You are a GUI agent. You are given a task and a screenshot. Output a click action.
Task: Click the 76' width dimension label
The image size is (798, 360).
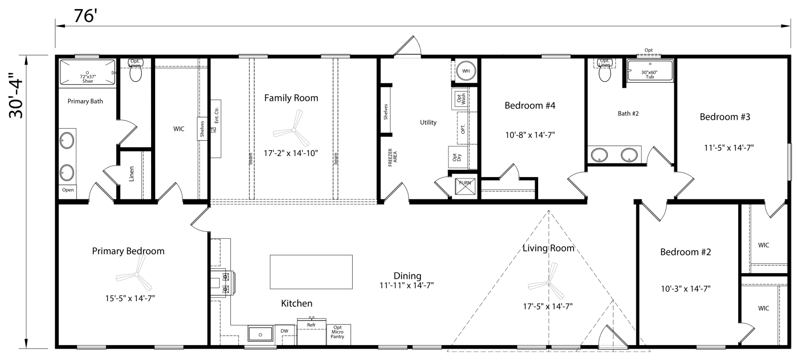pyautogui.click(x=85, y=16)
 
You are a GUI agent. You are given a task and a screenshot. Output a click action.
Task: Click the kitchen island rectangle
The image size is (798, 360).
pyautogui.click(x=311, y=272)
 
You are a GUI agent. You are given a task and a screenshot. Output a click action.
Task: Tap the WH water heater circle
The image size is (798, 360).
pyautogui.click(x=466, y=71)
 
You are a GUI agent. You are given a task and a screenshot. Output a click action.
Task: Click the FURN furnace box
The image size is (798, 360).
pyautogui.click(x=465, y=183)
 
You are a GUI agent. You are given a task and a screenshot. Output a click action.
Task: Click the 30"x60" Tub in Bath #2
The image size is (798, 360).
pyautogui.click(x=649, y=73)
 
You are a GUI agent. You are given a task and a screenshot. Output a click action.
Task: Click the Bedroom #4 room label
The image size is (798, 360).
pyautogui.click(x=530, y=105)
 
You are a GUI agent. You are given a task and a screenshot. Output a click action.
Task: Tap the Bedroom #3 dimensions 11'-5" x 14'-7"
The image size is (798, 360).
pyautogui.click(x=728, y=148)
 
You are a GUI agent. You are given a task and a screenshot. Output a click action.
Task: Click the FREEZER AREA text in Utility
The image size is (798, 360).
pyautogui.click(x=393, y=157)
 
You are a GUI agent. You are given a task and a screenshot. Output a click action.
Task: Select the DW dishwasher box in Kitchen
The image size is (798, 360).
pyautogui.click(x=284, y=331)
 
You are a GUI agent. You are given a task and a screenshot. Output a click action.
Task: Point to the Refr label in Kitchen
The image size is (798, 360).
pyautogui.click(x=311, y=325)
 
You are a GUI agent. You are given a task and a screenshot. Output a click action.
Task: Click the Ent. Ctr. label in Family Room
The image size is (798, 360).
pyautogui.click(x=216, y=116)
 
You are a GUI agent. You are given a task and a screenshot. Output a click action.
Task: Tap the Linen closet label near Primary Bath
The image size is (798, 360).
pyautogui.click(x=132, y=174)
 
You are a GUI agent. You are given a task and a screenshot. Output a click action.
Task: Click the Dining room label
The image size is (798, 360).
pyautogui.click(x=407, y=276)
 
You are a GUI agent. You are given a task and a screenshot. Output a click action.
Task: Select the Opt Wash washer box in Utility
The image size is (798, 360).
pyautogui.click(x=460, y=98)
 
